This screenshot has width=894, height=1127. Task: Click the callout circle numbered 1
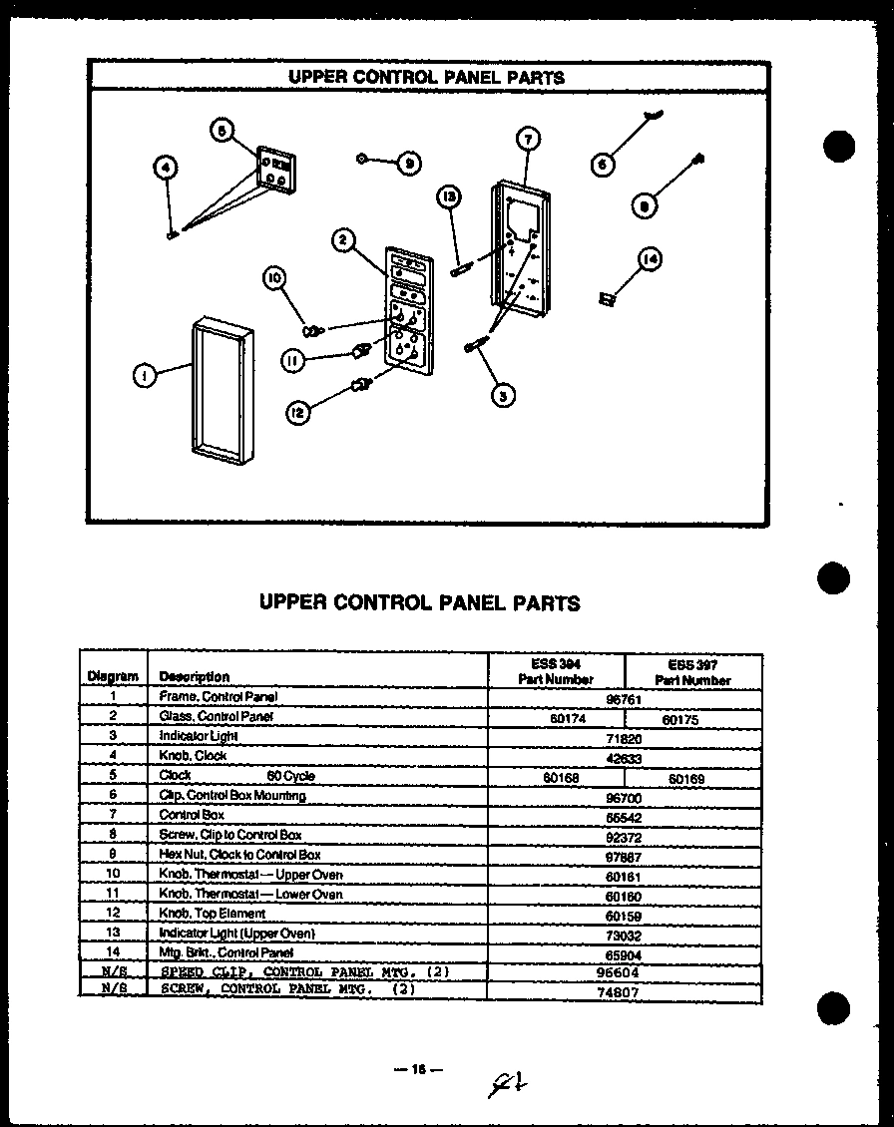[146, 376]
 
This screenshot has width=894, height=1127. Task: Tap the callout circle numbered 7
[529, 139]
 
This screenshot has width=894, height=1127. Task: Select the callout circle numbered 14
[650, 259]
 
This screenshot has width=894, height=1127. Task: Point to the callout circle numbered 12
[296, 411]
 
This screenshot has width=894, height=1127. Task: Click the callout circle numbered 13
[450, 198]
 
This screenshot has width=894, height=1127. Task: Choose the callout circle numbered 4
[167, 168]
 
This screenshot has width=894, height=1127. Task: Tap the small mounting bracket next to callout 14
[606, 298]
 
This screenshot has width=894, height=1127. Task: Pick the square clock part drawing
[277, 168]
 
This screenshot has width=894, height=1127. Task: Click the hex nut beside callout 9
[363, 159]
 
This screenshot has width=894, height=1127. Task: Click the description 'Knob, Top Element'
[213, 913]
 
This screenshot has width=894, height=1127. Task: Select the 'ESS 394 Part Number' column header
[556, 671]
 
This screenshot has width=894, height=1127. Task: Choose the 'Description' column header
[194, 676]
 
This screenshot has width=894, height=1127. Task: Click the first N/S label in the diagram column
[113, 971]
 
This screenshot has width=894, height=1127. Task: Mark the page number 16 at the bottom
[417, 1069]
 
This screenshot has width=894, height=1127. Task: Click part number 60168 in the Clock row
[556, 776]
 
